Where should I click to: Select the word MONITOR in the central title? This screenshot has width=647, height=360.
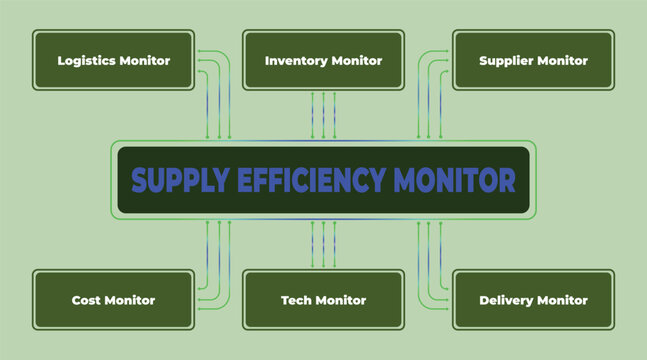(x=455, y=181)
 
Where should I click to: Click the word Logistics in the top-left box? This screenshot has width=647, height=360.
(x=87, y=61)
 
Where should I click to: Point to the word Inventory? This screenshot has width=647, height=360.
(x=295, y=61)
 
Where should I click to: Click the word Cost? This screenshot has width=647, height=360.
(x=85, y=300)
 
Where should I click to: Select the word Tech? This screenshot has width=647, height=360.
(x=296, y=300)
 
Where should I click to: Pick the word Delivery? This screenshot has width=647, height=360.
(x=505, y=300)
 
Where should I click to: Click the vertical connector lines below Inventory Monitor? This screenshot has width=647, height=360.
(x=323, y=115)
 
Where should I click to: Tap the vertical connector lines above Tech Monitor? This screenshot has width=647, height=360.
(x=323, y=245)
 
